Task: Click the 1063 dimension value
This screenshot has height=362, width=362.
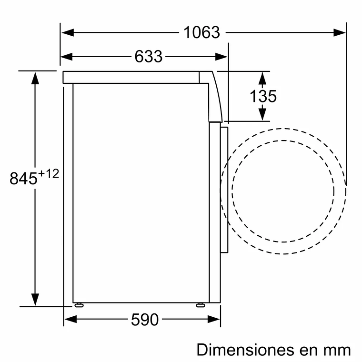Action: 202,32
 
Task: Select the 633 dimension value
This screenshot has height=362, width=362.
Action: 148,57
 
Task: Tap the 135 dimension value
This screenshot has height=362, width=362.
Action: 263,96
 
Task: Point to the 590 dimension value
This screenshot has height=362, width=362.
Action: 144,320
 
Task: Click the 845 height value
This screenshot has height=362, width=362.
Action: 23,179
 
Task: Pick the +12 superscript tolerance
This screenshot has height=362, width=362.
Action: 49,173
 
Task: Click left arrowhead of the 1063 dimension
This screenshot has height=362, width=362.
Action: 67,32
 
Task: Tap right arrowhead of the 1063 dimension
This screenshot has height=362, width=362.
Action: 340,32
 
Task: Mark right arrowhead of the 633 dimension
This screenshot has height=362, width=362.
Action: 221,57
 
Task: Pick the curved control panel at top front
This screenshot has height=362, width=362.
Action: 216,95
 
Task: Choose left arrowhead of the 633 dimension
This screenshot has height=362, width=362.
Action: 67,57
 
